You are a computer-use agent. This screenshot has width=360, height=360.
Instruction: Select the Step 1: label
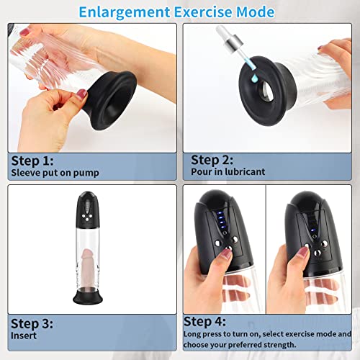click(x=32, y=160)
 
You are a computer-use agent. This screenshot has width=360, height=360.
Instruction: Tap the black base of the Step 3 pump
click(x=89, y=298)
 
